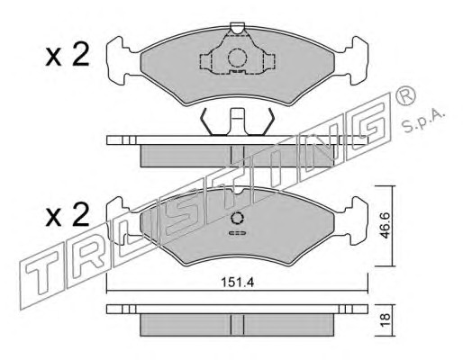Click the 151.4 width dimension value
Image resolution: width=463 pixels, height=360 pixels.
[237, 283]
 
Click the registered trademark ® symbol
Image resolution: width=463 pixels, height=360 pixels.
[404, 95]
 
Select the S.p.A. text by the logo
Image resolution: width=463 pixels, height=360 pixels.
[423, 121]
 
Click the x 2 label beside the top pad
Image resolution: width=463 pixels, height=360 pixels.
[68, 54]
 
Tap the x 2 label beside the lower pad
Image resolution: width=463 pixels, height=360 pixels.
[68, 214]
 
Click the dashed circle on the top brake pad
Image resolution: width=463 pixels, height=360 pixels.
[237, 58]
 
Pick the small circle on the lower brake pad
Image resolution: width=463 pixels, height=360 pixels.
[237, 218]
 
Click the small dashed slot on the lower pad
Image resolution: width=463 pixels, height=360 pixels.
[237, 233]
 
